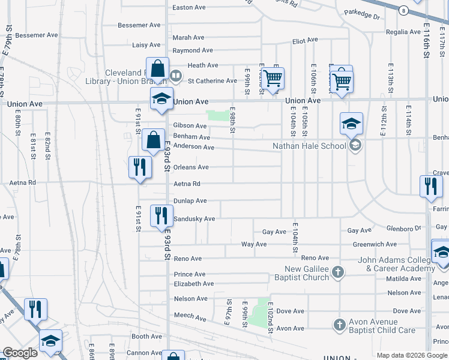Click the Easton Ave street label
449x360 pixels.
189,8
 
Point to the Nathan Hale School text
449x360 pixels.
309,146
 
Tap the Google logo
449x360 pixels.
20,353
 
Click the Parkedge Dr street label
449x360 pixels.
362,14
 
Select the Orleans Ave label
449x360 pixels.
191,167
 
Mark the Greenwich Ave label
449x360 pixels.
375,244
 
